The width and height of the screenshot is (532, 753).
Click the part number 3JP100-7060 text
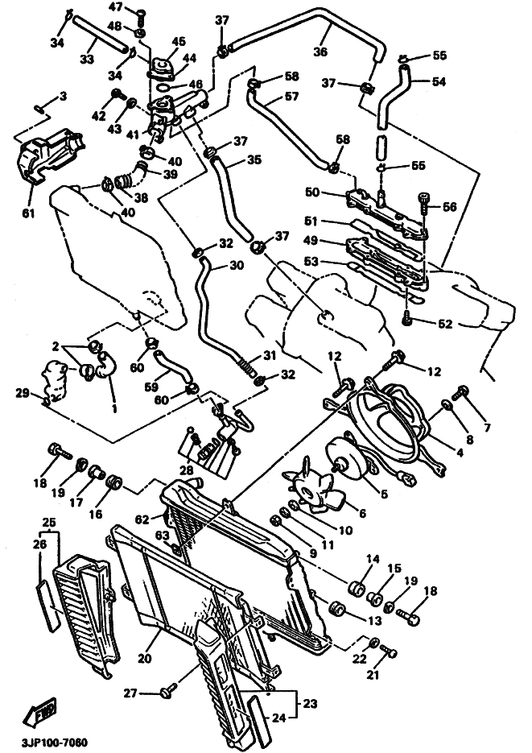point(48,743)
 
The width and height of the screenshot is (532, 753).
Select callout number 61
point(28,212)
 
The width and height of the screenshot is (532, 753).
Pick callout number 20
point(144,658)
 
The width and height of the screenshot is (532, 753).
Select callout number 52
point(445,325)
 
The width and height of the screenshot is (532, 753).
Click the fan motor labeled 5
point(348,460)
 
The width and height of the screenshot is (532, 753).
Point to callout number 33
point(87,60)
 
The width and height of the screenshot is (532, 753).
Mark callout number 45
point(178,42)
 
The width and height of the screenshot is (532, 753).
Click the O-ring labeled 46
point(163,88)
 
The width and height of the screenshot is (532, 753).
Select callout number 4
point(460,453)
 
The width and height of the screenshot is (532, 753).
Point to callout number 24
point(278,718)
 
